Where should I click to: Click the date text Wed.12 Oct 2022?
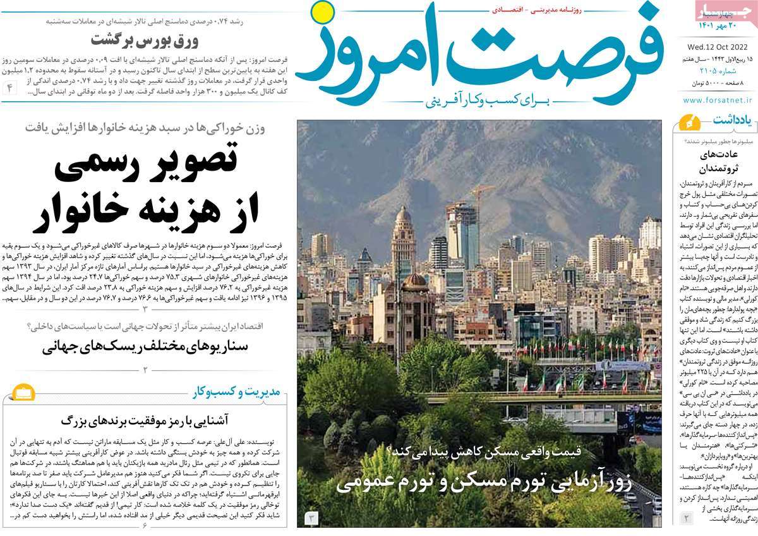point(717,46)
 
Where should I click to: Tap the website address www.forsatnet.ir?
point(717,100)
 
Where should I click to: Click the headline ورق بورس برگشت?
point(145,40)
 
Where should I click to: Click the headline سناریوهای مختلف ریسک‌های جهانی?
point(145,346)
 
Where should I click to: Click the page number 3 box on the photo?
point(311,518)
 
